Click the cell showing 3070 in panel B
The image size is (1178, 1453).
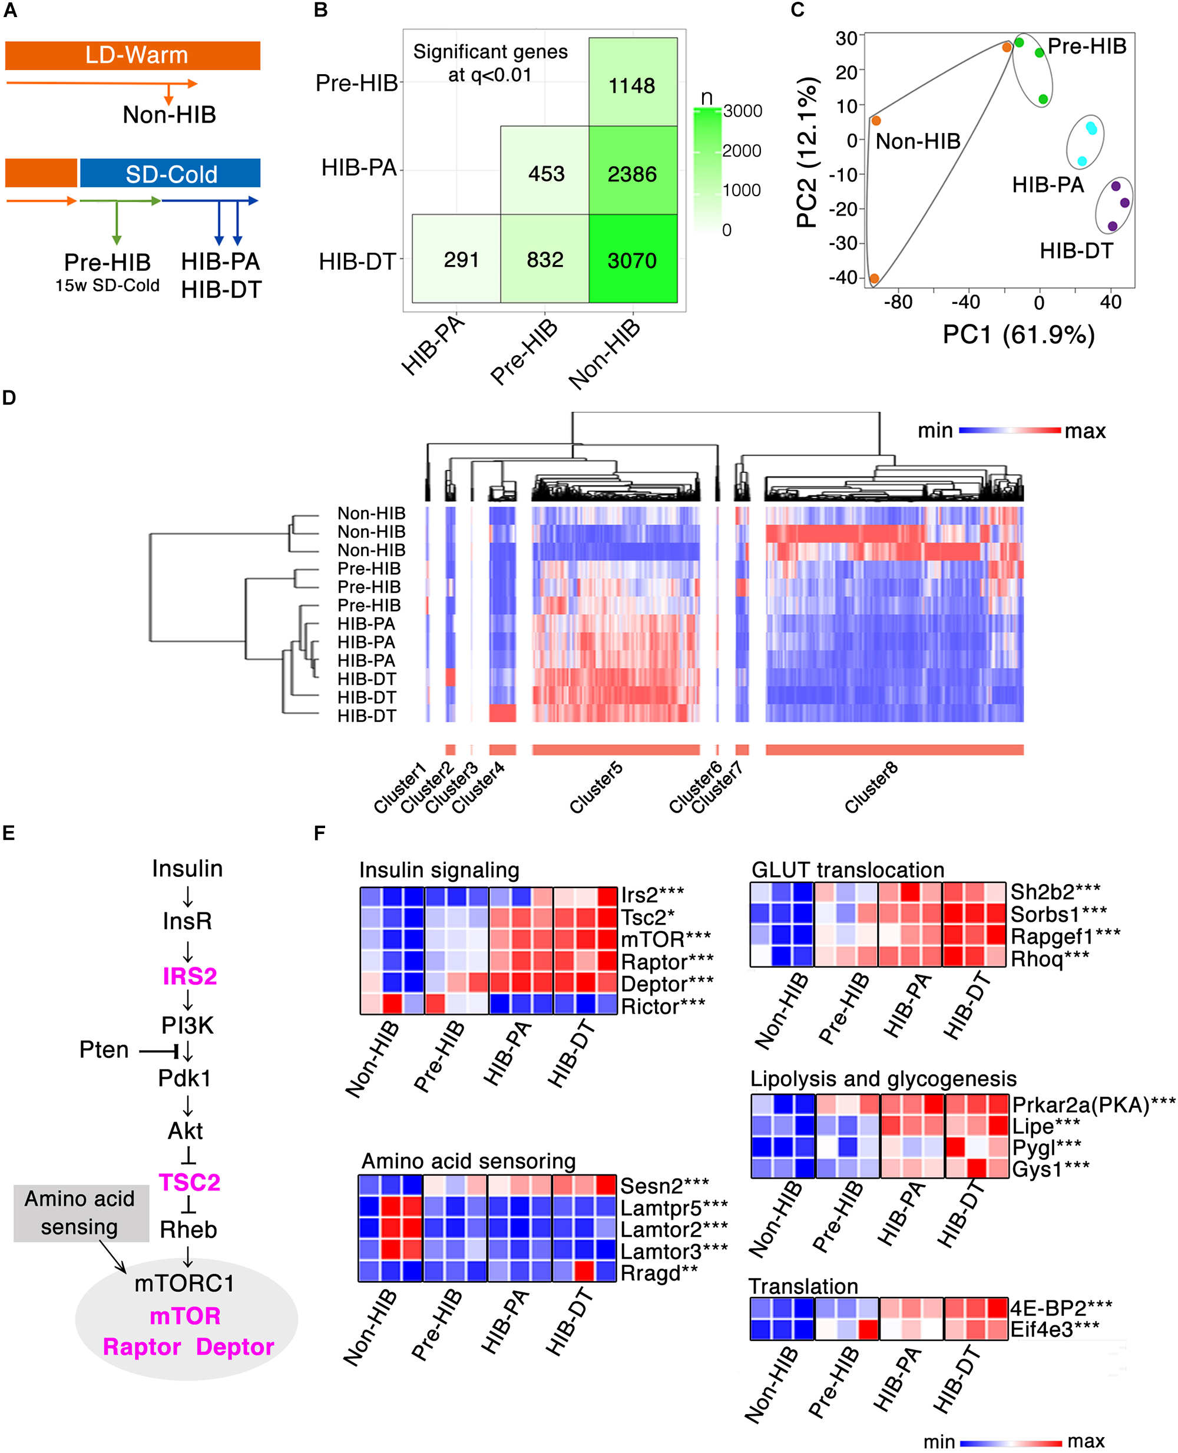coord(632,260)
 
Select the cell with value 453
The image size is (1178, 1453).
coord(546,174)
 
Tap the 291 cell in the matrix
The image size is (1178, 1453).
coord(461,259)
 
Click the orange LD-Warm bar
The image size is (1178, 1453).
coord(133,55)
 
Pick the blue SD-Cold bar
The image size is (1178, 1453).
coord(170,174)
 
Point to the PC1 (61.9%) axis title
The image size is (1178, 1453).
coord(1018,335)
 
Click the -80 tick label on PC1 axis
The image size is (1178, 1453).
coord(898,302)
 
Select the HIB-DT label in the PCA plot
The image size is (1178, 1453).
coord(1076,251)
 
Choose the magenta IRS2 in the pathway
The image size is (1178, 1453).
coord(189,976)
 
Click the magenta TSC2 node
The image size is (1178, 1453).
coord(189,1182)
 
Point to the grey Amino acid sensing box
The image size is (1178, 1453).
coord(81,1213)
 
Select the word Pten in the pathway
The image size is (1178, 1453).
coord(104,1050)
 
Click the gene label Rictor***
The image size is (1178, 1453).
coord(663,1007)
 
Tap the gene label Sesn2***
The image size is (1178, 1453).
coord(664,1186)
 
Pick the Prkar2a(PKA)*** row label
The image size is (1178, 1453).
coord(1093,1105)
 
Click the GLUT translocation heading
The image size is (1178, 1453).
coord(848,869)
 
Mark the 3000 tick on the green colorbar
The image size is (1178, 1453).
coord(742,111)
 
